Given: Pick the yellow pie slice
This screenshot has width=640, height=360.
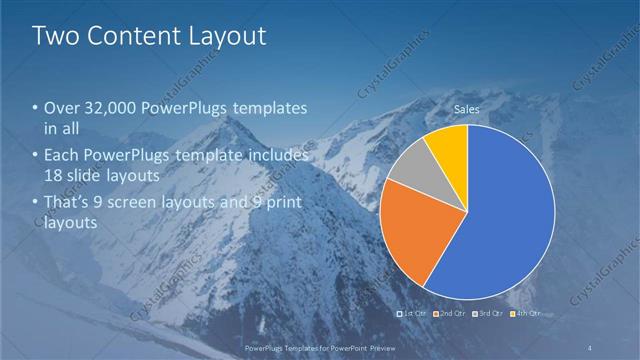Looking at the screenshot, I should click(x=449, y=144).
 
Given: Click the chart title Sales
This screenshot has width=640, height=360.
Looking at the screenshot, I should click(x=467, y=109).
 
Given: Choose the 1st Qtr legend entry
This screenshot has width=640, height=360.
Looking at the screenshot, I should click(x=414, y=313).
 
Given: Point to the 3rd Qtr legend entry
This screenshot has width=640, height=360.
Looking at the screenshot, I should click(x=489, y=313).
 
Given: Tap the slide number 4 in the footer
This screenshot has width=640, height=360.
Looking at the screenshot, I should click(x=589, y=347).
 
